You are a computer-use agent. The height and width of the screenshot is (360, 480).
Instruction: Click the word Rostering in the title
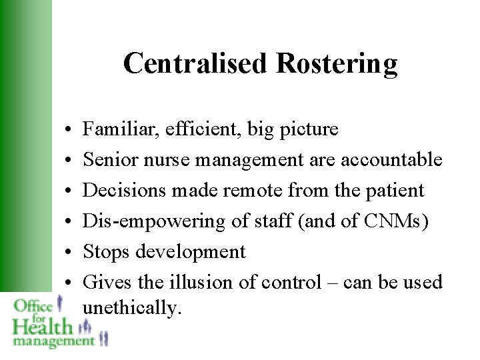pos(337,64)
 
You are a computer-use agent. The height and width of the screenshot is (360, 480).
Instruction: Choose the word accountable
pos(391,159)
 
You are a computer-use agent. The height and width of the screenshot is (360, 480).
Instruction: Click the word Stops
pos(107,251)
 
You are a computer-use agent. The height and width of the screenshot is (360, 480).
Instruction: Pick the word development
pos(191,251)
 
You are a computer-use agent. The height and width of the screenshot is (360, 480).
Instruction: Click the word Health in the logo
pos(41,327)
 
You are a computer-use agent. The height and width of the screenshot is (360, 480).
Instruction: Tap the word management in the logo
pos(53,341)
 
